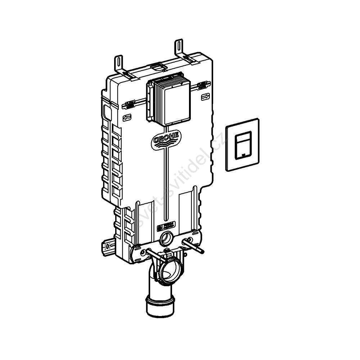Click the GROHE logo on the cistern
tap(166, 140)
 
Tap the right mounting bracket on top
tap(180, 48)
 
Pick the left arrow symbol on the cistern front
tap(127, 117)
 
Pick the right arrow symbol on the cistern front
tap(205, 96)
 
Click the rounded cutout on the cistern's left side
tap(107, 112)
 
